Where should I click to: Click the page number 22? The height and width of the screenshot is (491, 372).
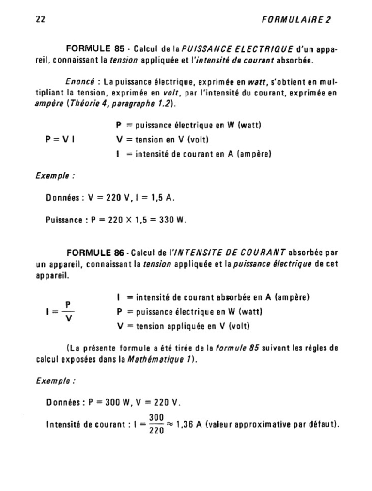[41, 20]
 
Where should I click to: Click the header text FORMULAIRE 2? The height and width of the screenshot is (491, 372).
[295, 20]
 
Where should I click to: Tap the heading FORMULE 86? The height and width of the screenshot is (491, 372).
[95, 252]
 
